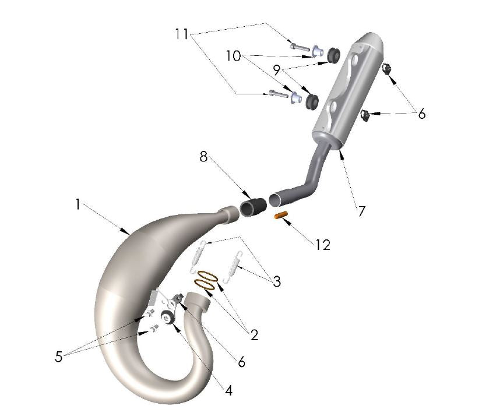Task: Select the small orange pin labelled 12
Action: (283, 216)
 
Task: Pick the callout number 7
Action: (361, 211)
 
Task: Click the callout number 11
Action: (182, 34)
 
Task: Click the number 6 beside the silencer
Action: (421, 114)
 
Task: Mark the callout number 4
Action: (228, 391)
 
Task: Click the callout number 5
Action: (58, 356)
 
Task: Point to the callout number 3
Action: (276, 282)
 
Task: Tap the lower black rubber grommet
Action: (311, 100)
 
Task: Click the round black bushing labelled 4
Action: (167, 317)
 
